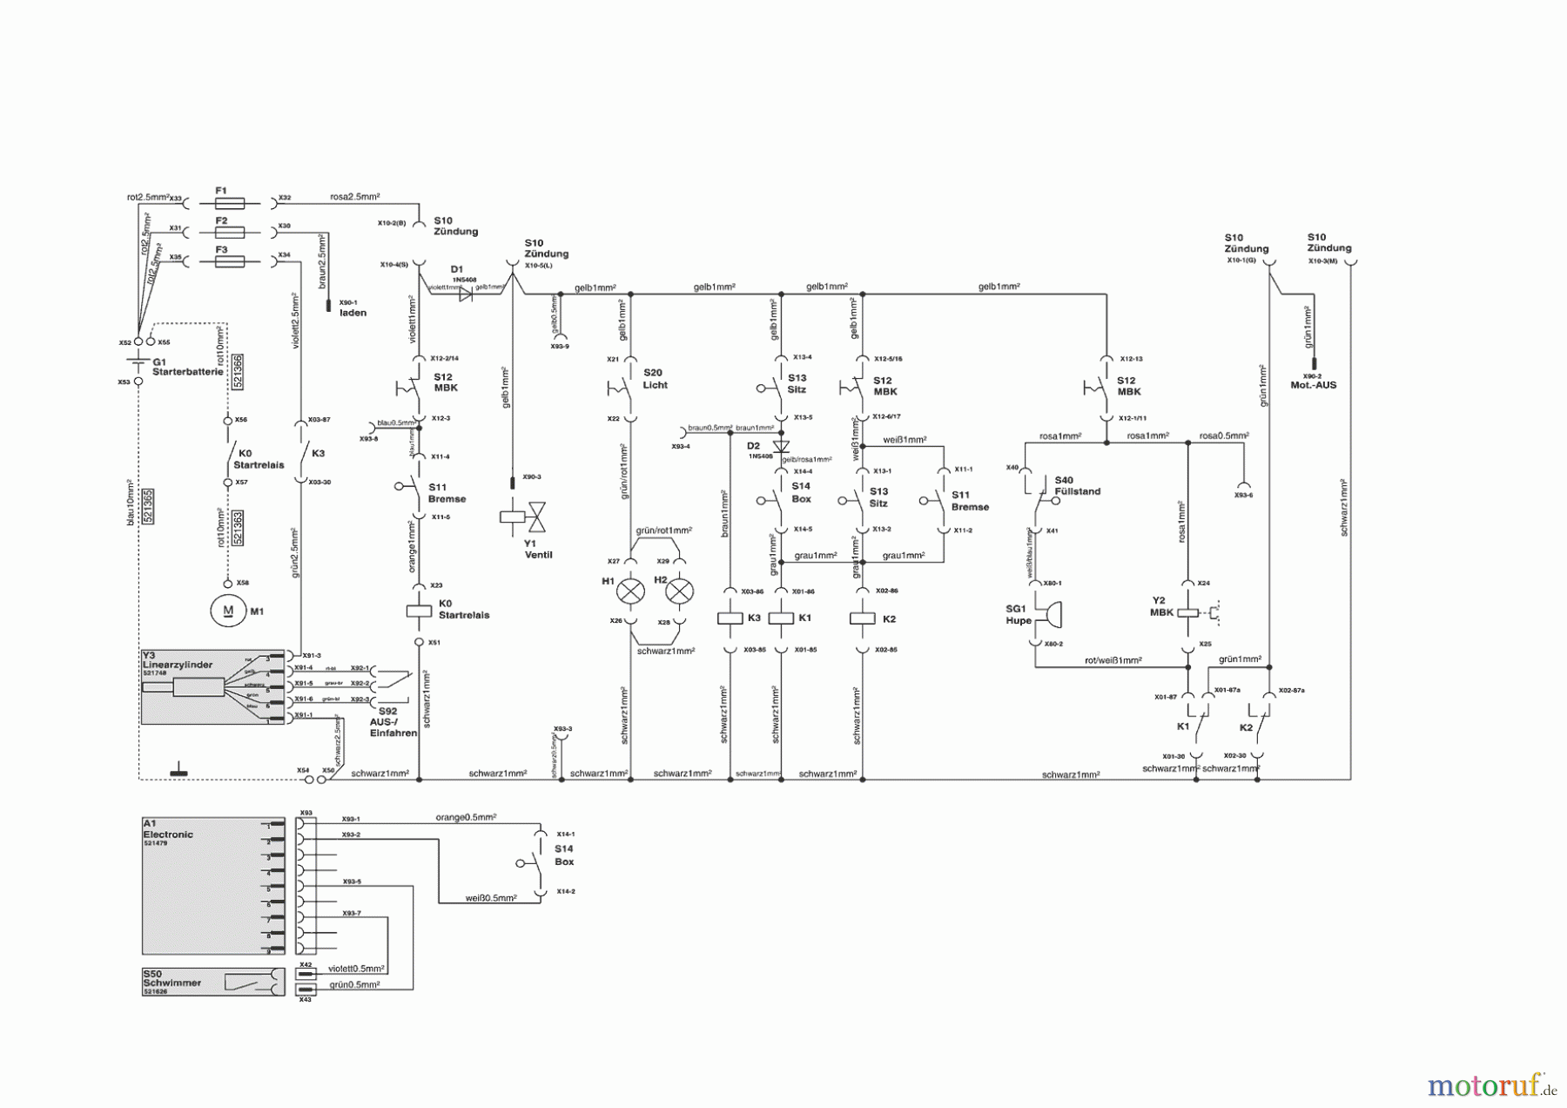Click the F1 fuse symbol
click(x=229, y=203)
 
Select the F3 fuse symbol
click(x=229, y=261)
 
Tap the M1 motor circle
click(x=228, y=611)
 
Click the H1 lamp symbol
click(x=630, y=592)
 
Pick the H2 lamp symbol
click(x=679, y=592)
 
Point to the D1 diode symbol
click(x=465, y=294)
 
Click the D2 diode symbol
click(x=781, y=446)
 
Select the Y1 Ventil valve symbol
click(x=524, y=517)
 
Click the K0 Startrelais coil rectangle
click(x=419, y=611)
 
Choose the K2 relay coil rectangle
click(x=862, y=618)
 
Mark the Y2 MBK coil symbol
click(x=1187, y=612)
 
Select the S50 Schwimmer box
click(x=212, y=982)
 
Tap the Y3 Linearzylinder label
click(x=177, y=665)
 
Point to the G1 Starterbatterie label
click(x=186, y=367)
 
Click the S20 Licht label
click(x=655, y=379)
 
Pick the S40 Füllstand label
click(x=1077, y=486)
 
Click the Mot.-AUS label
click(x=1313, y=385)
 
